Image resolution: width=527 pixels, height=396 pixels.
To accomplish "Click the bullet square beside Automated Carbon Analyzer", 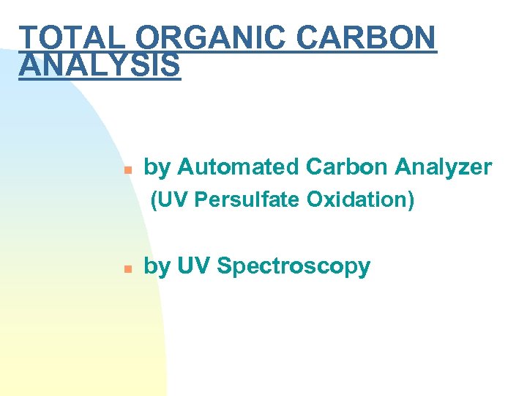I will [127, 169].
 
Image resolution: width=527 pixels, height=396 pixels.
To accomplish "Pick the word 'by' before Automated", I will [157, 168].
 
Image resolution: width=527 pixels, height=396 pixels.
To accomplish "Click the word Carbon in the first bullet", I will [347, 167].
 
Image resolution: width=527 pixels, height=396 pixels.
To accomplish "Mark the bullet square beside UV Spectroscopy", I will [127, 268].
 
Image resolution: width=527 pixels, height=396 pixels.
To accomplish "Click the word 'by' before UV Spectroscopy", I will [157, 267].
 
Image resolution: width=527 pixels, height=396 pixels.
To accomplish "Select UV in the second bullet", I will [193, 266].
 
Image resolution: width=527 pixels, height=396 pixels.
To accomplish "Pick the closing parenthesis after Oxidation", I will [411, 199].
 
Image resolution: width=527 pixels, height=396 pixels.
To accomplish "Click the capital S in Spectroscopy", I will [224, 266].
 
